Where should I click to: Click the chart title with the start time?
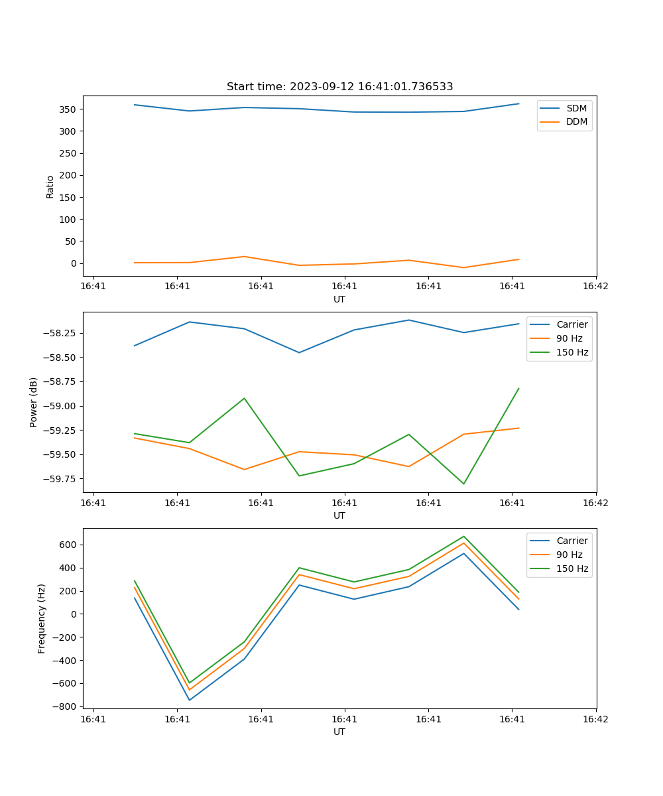click(x=339, y=87)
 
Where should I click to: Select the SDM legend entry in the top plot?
click(x=576, y=108)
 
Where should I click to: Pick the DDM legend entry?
click(x=576, y=121)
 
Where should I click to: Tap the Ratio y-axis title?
click(x=50, y=187)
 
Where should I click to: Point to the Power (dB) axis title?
click(x=34, y=402)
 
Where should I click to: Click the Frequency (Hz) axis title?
click(x=42, y=618)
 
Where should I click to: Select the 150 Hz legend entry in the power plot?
click(x=572, y=352)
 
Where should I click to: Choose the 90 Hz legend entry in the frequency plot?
click(x=569, y=555)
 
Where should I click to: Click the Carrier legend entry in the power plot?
click(x=572, y=324)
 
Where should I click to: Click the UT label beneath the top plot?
click(x=339, y=299)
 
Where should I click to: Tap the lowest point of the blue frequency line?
click(x=190, y=700)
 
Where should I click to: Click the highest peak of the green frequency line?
click(x=464, y=537)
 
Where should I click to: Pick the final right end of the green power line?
click(x=518, y=389)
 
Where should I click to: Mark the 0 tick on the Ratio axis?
click(x=75, y=263)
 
